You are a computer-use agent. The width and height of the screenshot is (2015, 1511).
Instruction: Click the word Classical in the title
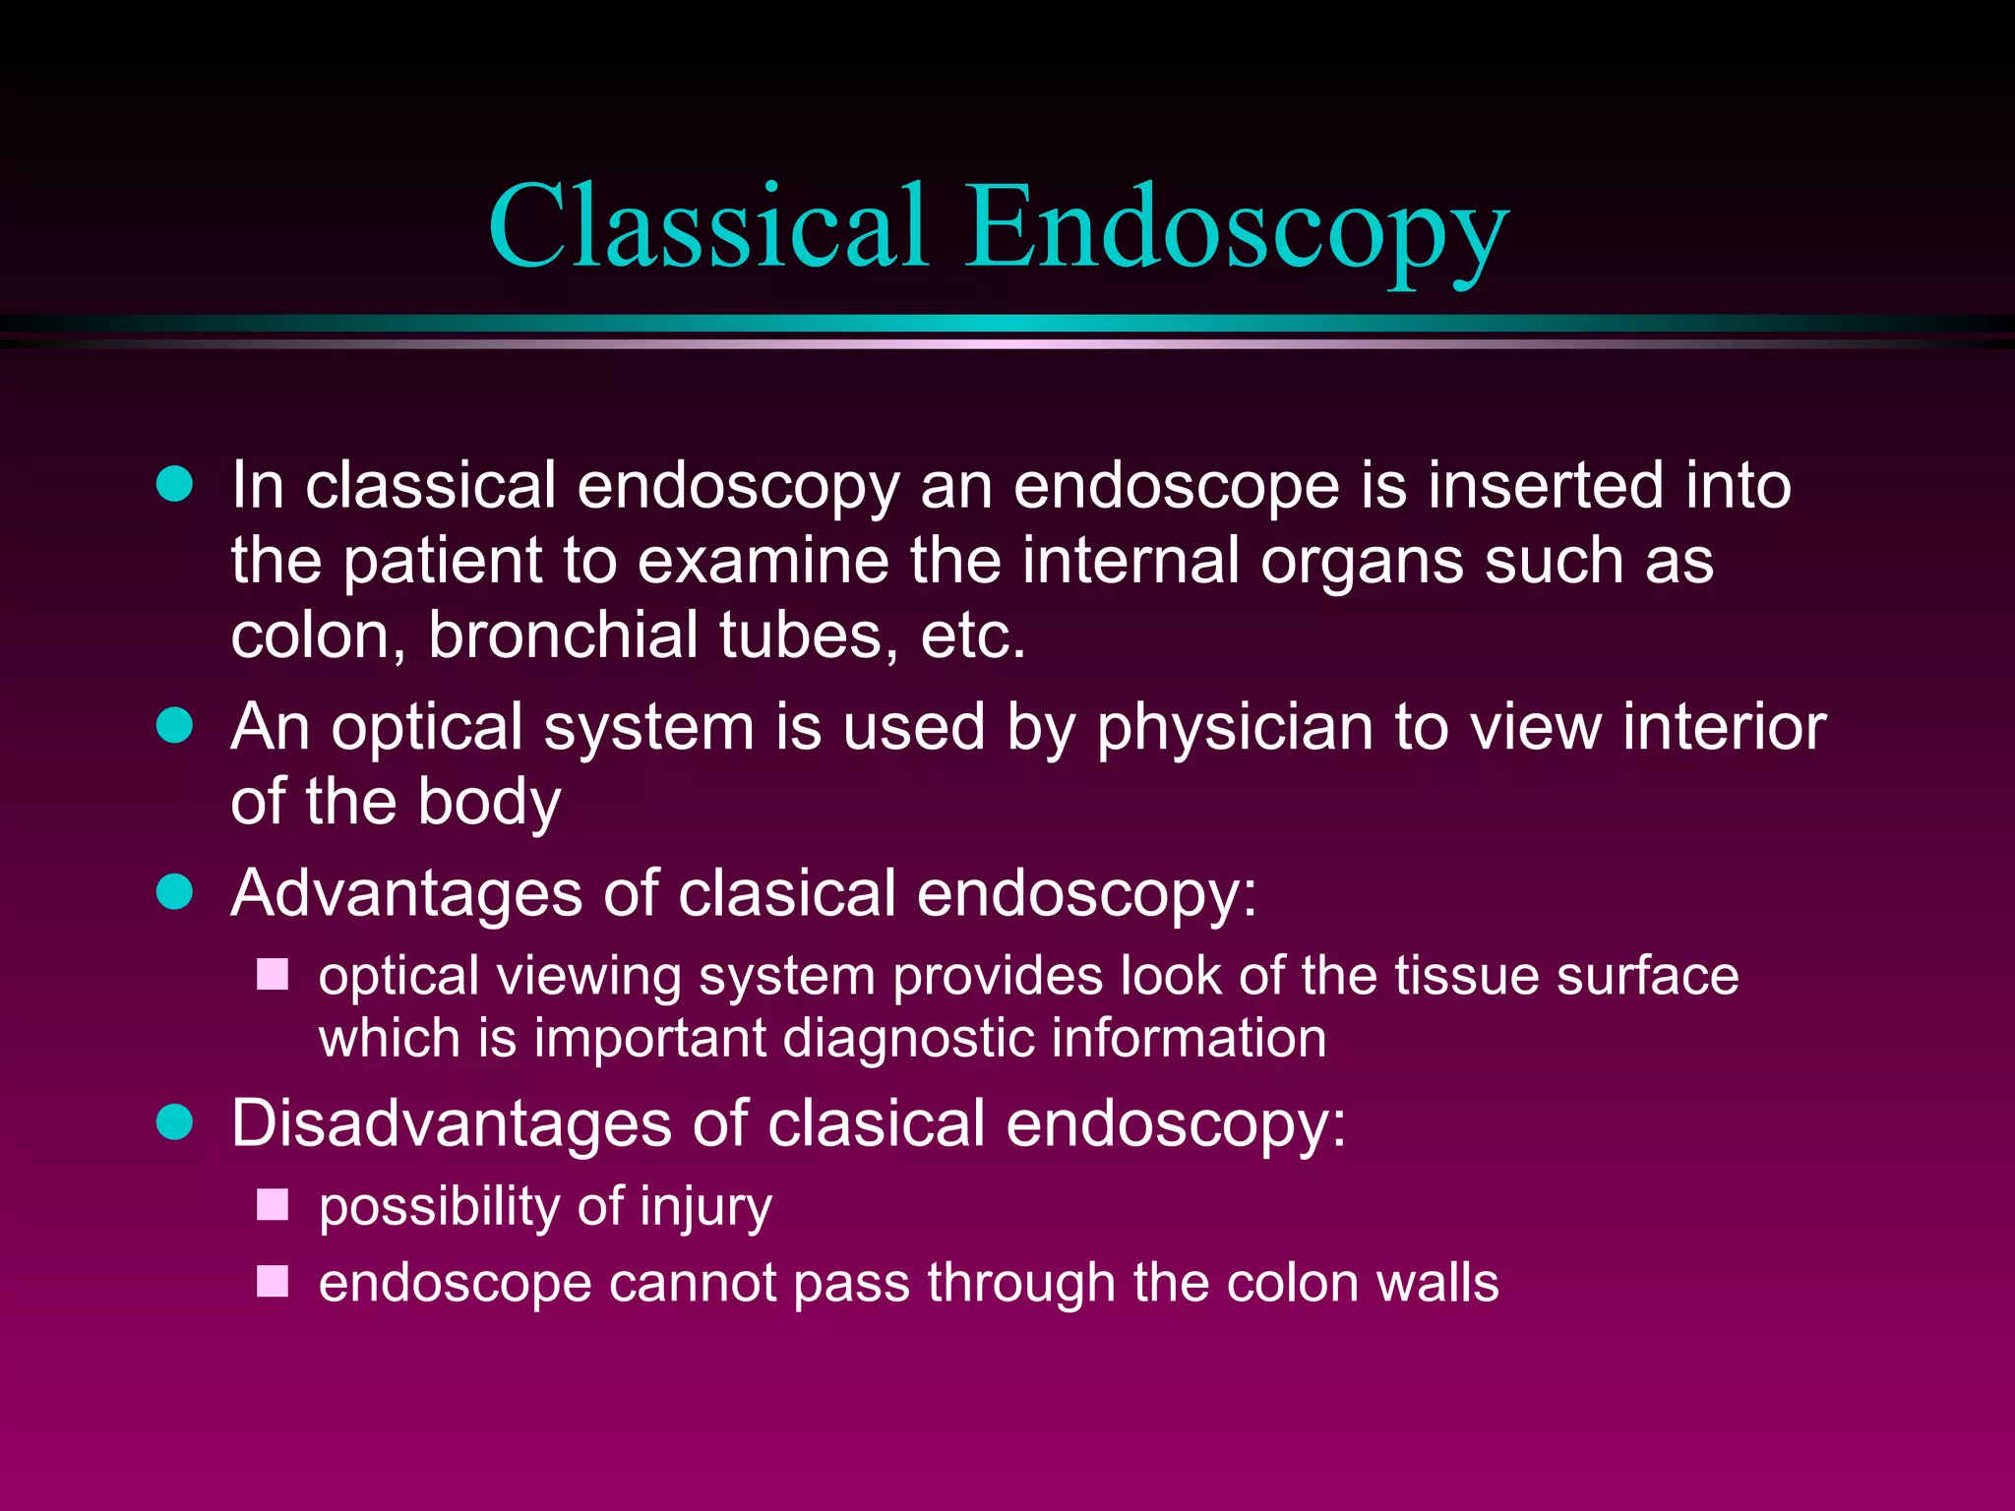coord(707,226)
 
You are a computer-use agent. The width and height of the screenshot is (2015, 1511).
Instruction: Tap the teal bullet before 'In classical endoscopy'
coord(175,484)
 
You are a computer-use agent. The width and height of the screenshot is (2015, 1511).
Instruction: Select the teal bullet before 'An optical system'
coord(175,726)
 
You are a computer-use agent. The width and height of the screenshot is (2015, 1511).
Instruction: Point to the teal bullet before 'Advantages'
coord(175,892)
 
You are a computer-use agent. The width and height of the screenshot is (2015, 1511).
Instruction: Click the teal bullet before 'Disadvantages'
coord(175,1121)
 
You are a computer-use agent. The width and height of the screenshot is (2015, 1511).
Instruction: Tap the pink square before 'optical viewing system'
coord(273,975)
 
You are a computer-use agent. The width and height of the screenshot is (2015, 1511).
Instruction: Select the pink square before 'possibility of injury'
coord(273,1205)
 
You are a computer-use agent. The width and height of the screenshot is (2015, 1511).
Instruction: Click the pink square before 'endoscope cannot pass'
coord(273,1282)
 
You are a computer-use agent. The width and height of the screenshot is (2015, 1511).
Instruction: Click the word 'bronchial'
coord(563,635)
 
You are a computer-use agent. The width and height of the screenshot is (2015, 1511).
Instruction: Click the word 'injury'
coord(705,1208)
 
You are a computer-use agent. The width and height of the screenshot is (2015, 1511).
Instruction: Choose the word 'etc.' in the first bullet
coord(972,635)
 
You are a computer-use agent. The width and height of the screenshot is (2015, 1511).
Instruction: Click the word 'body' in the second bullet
coord(489,802)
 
